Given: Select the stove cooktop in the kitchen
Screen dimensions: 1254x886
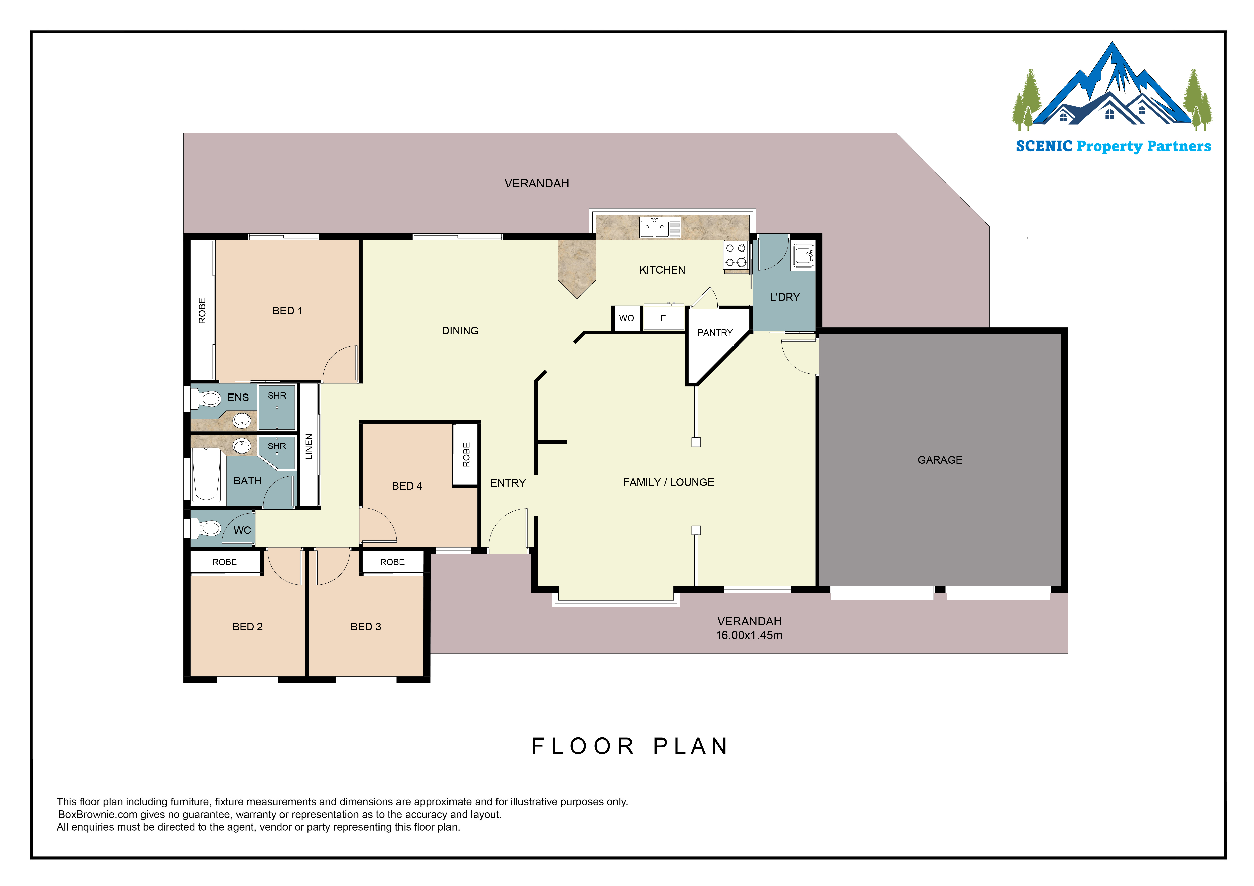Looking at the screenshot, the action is pos(736,255).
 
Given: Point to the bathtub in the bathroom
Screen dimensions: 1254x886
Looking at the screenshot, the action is pos(206,474).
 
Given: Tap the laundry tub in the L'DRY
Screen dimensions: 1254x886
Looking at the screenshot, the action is pos(803,255).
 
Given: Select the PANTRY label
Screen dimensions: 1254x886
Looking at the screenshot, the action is pos(715,332).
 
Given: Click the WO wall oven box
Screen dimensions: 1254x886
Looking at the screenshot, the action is pos(626,318).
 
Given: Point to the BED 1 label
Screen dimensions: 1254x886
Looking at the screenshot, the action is pos(287,311).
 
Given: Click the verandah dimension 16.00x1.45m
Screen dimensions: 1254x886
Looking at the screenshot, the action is pos(749,635).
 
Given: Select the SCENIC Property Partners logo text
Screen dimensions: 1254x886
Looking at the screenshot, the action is pos(1113,146).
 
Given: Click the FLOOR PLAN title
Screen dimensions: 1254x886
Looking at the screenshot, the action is pos(630,746).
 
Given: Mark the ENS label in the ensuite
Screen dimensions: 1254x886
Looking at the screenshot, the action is pos(238,398).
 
